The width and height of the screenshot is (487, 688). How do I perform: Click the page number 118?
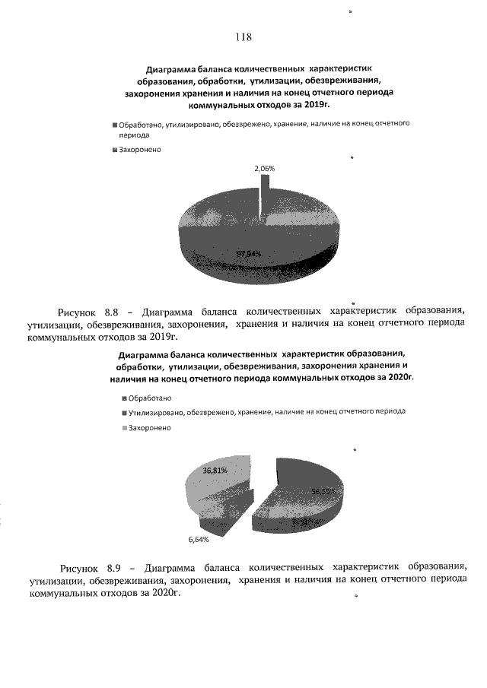[x=243, y=36]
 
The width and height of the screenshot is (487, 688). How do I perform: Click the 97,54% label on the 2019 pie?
[x=249, y=253]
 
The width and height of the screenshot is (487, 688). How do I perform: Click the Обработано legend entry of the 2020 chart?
[x=150, y=398]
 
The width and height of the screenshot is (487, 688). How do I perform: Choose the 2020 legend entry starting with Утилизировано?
[x=266, y=411]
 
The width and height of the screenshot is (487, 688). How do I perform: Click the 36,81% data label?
[x=215, y=471]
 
